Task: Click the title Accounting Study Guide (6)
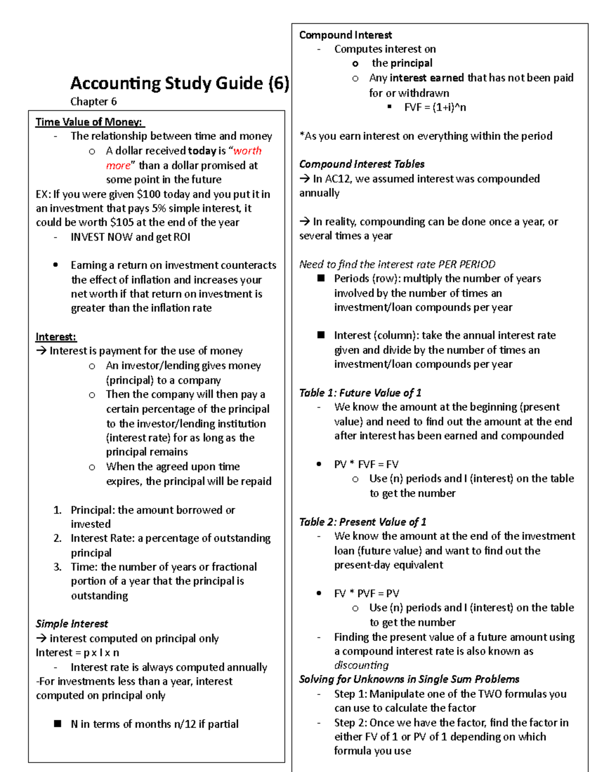pos(180,83)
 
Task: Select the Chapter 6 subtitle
pos(94,102)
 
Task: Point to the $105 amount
pos(122,223)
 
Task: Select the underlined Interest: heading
pos(56,337)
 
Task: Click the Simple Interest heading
pos(72,624)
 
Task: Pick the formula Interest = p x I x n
pos(77,653)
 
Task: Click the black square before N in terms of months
pos(58,724)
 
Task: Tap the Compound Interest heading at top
pos(345,35)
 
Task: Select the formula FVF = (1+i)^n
pos(435,107)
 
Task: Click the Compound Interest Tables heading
pos(362,164)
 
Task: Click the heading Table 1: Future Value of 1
pos(360,393)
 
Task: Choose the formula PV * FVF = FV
pos(366,464)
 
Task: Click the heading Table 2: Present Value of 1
pos(363,522)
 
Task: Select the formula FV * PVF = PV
pos(367,594)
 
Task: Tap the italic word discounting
pos(361,665)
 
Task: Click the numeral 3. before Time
pos(58,567)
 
